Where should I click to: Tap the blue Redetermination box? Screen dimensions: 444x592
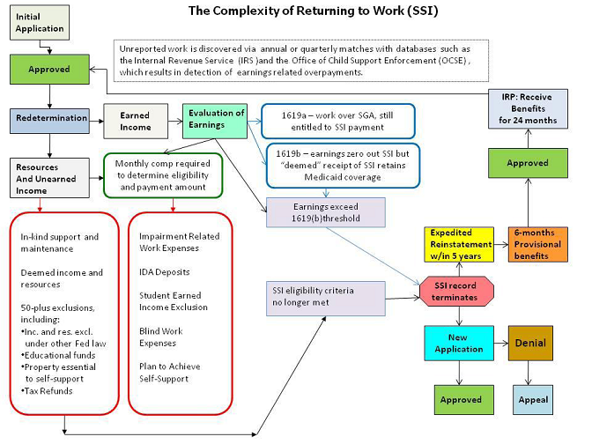click(x=50, y=117)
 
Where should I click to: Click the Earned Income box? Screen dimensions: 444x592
click(x=135, y=122)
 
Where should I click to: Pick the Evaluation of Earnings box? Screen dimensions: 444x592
click(x=216, y=120)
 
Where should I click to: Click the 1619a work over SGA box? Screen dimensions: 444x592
click(x=334, y=121)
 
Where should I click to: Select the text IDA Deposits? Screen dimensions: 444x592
click(x=165, y=271)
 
